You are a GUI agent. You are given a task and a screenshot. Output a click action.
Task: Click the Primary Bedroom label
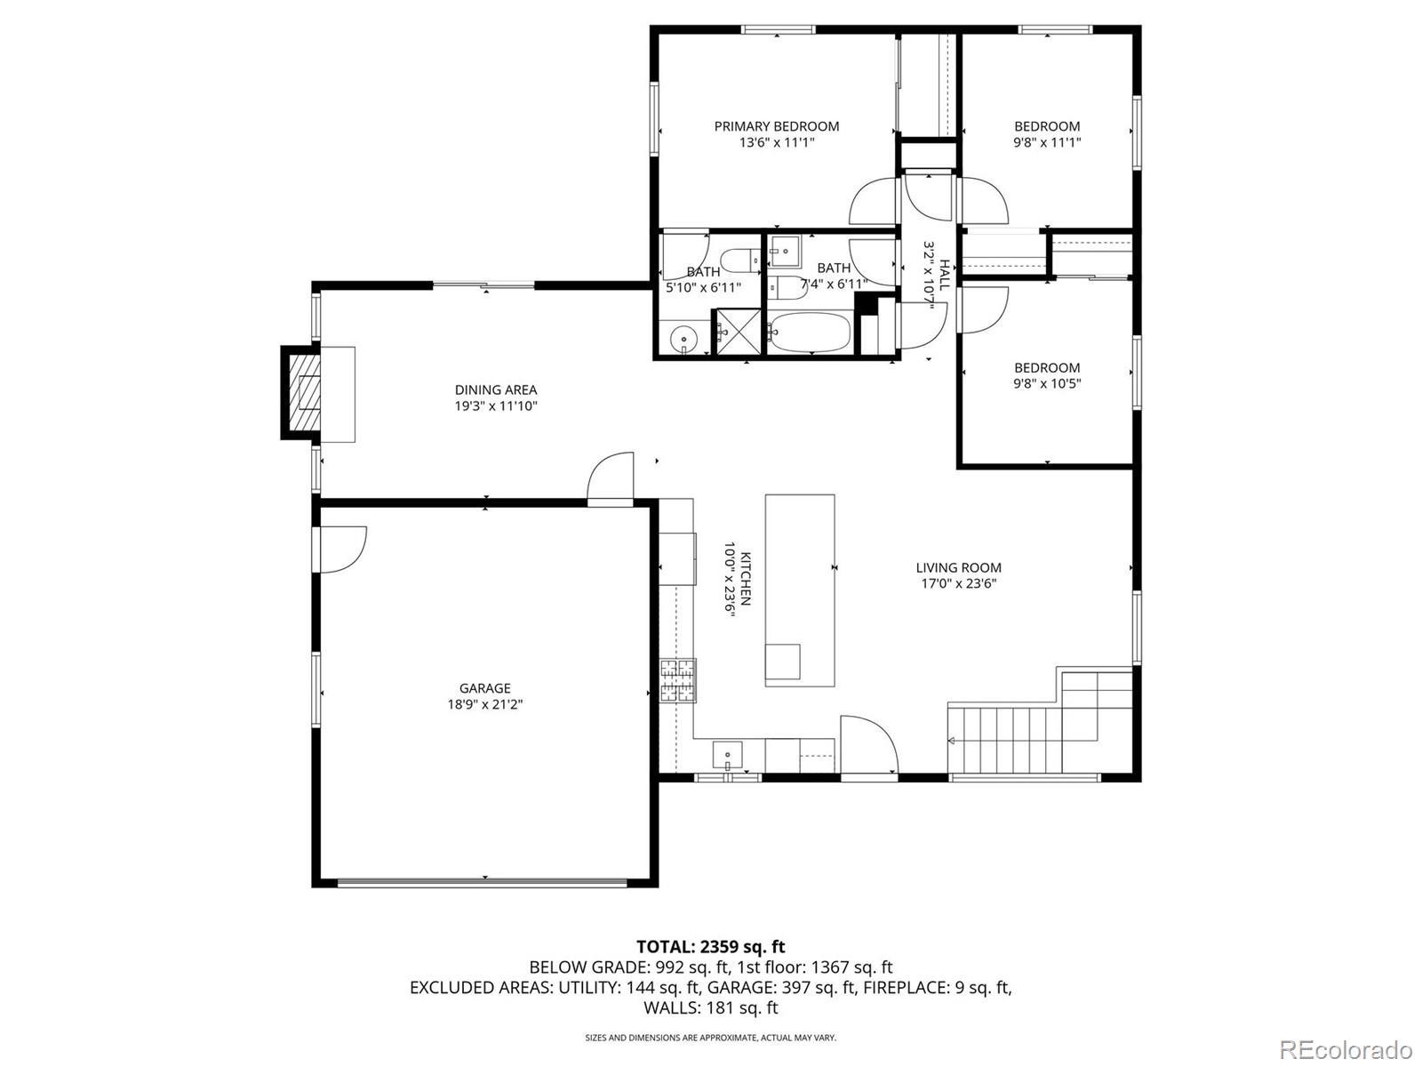click(776, 126)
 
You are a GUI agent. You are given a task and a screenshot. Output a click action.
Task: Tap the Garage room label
click(485, 688)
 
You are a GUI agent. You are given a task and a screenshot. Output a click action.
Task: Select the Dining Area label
click(496, 390)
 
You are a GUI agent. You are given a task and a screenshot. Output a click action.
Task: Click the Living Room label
click(958, 567)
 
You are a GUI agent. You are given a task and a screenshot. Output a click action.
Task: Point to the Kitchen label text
click(746, 579)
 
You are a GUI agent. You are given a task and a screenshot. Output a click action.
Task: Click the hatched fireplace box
click(305, 393)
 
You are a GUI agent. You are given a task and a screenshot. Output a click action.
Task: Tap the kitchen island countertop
click(799, 590)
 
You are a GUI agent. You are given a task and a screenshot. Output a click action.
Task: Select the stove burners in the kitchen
click(677, 681)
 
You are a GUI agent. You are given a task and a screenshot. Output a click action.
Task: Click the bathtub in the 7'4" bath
click(810, 333)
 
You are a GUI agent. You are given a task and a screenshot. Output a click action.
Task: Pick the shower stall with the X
click(737, 332)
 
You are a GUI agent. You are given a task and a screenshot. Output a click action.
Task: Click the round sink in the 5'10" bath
click(683, 338)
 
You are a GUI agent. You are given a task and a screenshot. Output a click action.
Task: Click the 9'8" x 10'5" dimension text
click(1047, 383)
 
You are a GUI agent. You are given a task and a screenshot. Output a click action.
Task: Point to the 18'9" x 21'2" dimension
click(485, 704)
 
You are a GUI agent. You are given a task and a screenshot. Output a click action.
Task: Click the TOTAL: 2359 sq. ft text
click(711, 947)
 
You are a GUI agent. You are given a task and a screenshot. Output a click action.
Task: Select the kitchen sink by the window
click(728, 755)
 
